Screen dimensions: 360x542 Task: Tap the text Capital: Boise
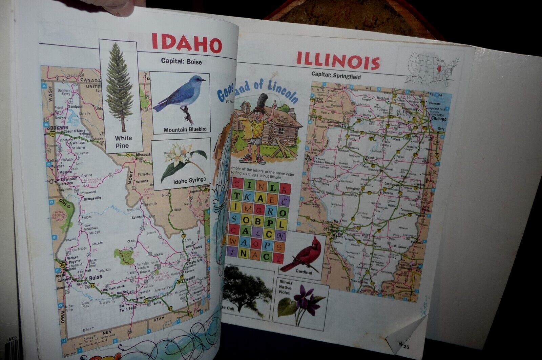[181, 62]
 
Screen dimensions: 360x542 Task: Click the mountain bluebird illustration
[180, 97]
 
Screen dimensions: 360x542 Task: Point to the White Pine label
[123, 142]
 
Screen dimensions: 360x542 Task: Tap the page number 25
[406, 347]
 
